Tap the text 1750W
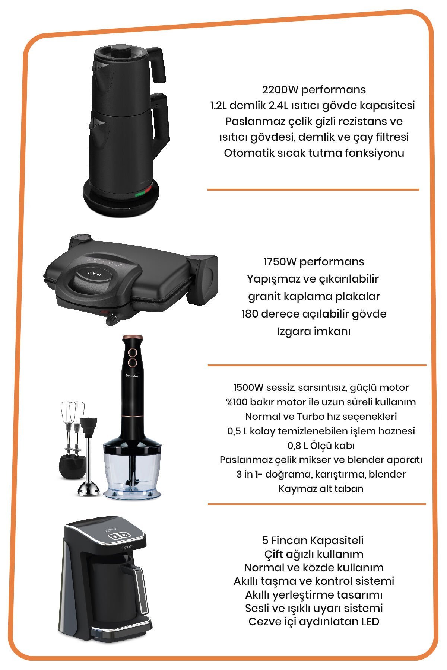280,262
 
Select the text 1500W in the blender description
248,387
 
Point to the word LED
370,621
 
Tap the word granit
264,297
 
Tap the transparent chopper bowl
133,473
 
